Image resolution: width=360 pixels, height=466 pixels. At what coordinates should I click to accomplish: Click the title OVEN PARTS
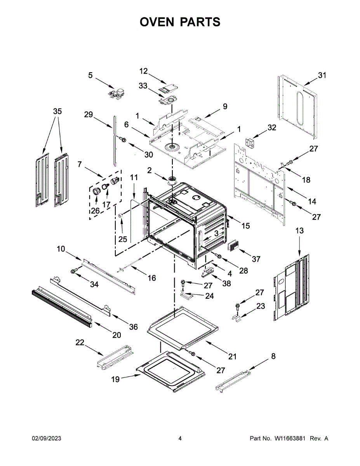coord(180,22)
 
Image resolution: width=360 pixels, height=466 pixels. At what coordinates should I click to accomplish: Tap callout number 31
coord(322,76)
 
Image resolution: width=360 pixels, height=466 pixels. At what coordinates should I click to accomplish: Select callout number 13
coord(299,231)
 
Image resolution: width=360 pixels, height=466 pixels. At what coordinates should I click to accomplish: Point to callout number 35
coord(57,111)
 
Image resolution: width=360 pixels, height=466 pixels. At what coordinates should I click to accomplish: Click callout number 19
coord(116,379)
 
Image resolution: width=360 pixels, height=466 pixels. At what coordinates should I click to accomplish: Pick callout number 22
coord(80,342)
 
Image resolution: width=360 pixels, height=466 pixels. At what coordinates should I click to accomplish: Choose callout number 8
coord(273,356)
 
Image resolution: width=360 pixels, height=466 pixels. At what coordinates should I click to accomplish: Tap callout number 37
coord(256,259)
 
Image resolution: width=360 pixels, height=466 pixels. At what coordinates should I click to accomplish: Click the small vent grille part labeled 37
coord(233,246)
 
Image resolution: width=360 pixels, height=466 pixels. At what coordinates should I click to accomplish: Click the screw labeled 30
coord(123,139)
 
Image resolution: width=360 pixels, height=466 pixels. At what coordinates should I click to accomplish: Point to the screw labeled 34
coord(73,271)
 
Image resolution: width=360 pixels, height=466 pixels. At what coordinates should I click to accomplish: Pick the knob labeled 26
coord(96,191)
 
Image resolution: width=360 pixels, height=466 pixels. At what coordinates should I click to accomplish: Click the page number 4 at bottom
coord(180,438)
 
